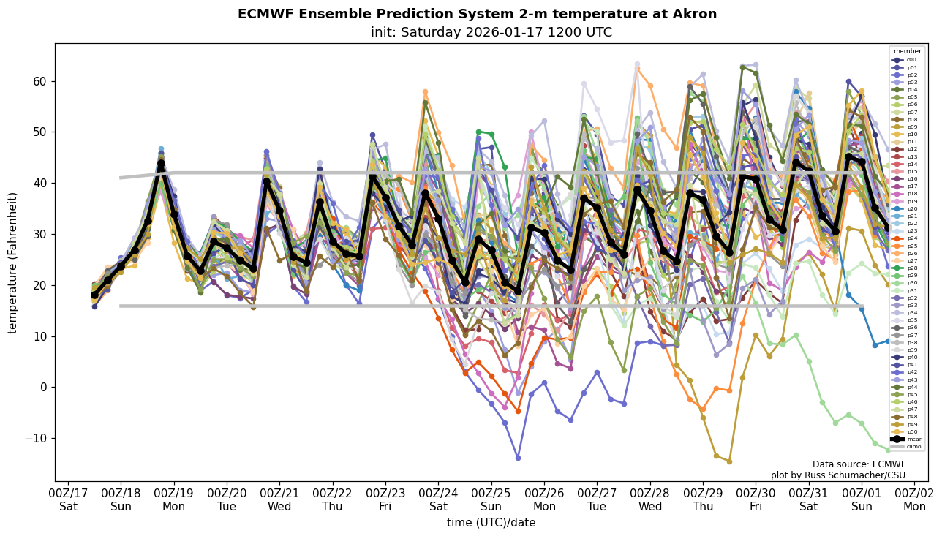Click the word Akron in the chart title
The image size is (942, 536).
(x=690, y=14)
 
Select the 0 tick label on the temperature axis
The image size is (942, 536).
(x=43, y=387)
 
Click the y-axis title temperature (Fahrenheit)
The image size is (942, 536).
(x=12, y=263)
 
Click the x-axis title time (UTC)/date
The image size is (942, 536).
(x=491, y=523)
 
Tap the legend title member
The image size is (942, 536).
(x=907, y=51)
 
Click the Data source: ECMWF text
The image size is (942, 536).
(x=859, y=464)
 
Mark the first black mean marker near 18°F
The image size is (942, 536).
(x=94, y=295)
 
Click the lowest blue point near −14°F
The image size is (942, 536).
(x=518, y=458)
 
